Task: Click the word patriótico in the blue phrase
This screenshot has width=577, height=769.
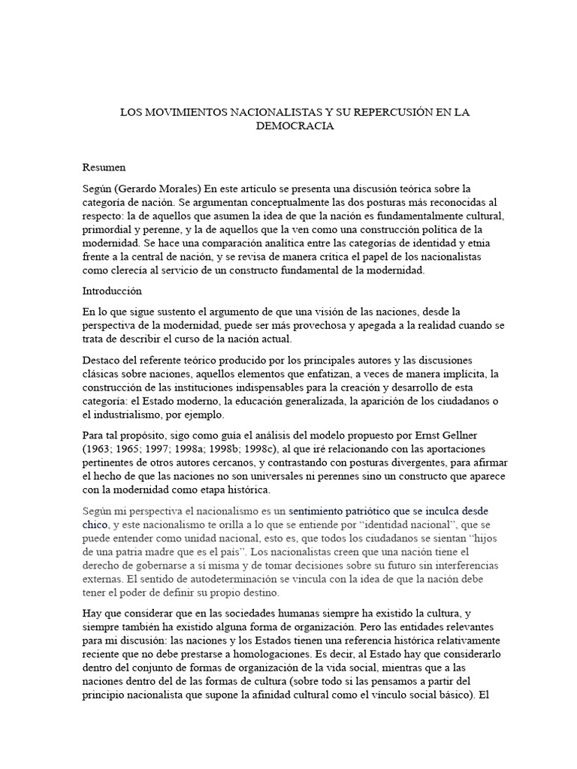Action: pos(338,509)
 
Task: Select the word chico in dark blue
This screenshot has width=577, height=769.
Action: pos(95,523)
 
